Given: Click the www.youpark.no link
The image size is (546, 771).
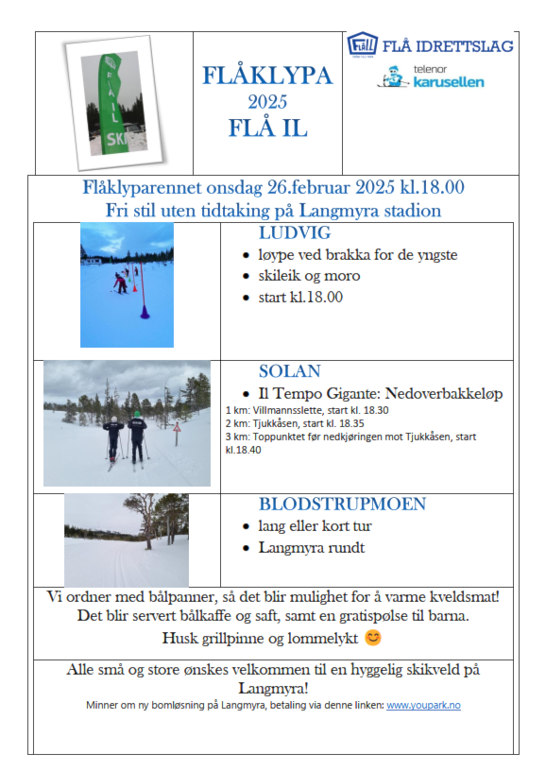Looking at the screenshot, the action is tap(423, 705).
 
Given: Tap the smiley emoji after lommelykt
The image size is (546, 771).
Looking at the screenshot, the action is tap(373, 638).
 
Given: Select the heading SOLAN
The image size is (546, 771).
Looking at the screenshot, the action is tap(290, 371).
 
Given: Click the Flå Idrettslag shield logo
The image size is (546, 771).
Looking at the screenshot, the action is tap(362, 44).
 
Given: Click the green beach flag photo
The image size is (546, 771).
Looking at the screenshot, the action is tap(113, 102).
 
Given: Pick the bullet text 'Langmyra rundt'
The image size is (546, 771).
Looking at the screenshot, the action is tap(312, 547).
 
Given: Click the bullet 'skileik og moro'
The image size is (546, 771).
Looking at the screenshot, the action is tap(309, 276).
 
